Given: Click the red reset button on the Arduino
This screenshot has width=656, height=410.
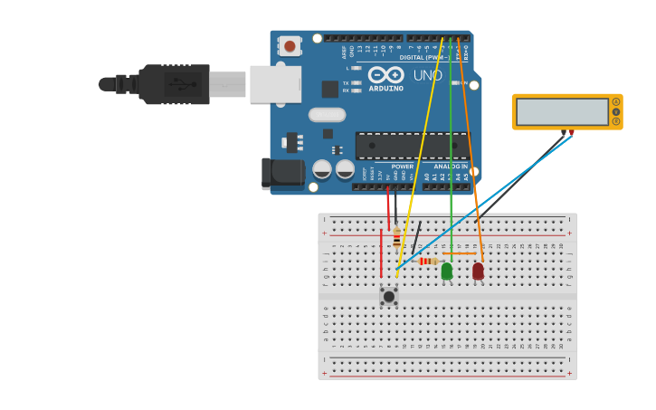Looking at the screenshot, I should (x=290, y=45).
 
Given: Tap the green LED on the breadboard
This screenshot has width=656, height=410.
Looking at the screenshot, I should (x=447, y=271).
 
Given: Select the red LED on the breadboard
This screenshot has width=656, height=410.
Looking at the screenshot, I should (x=478, y=271).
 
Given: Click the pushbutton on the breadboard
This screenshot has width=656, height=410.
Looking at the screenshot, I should (x=389, y=296).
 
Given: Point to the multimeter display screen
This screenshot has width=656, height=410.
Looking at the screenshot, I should (x=562, y=112).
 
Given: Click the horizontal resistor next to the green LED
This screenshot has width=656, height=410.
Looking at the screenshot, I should (x=428, y=261).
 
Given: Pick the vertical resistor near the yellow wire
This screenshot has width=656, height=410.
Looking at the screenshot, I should (x=396, y=237).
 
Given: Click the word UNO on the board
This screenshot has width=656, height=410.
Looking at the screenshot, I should (x=428, y=76).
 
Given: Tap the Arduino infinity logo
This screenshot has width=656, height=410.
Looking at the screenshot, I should (x=386, y=74).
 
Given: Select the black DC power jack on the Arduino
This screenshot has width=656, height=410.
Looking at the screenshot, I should (x=280, y=173).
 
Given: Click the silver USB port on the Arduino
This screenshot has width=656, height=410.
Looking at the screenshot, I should (x=275, y=83).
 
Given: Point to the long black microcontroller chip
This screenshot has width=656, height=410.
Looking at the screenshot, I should (x=413, y=146).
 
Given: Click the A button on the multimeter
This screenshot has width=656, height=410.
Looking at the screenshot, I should (x=616, y=101).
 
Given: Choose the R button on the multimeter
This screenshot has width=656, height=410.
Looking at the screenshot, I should (x=616, y=121).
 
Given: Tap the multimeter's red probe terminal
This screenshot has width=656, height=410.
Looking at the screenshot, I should (x=571, y=133).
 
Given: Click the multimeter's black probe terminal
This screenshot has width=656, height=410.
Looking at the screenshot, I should (x=564, y=133).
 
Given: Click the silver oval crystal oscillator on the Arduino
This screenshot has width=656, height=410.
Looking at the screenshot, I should (x=327, y=115).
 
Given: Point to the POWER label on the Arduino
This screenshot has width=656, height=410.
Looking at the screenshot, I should (x=402, y=167).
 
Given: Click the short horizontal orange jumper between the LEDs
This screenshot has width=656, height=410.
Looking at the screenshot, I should (x=461, y=253).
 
